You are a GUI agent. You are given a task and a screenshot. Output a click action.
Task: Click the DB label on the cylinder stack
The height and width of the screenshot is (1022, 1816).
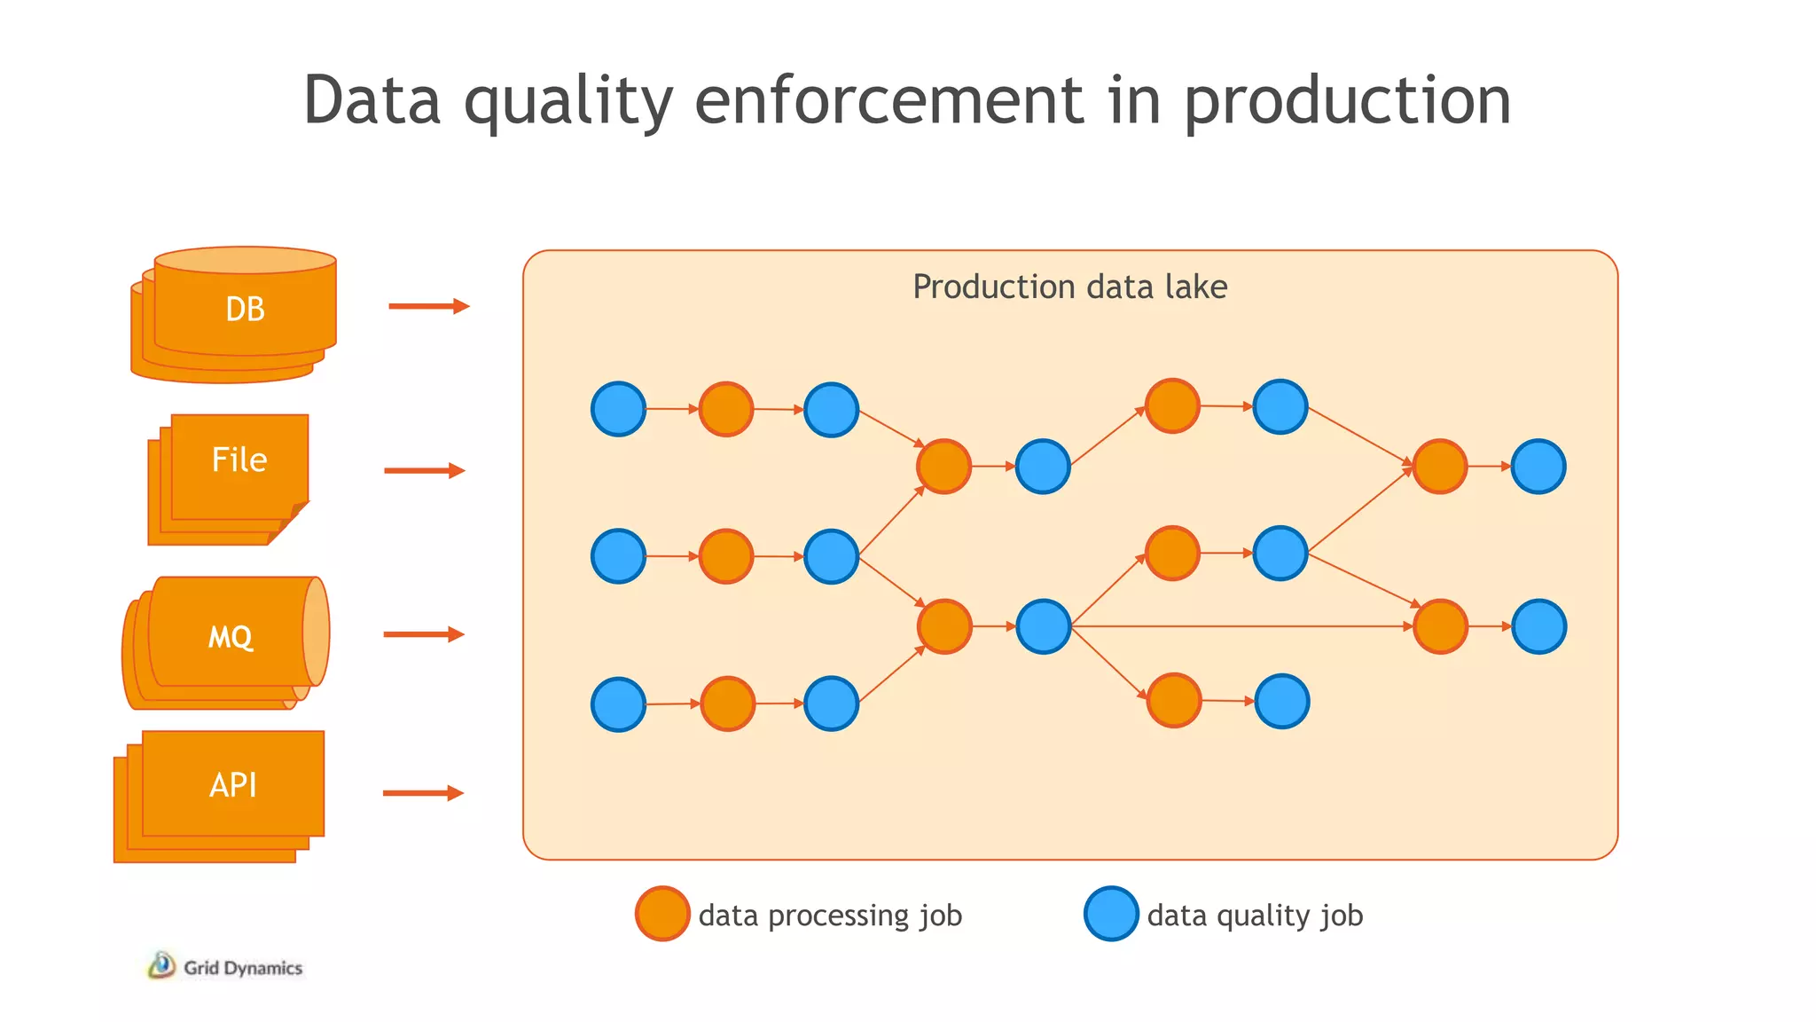click(245, 309)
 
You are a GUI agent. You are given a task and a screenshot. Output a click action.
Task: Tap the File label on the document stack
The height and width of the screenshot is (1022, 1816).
click(239, 460)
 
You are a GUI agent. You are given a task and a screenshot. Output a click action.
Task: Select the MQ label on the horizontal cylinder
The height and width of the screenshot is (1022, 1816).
click(231, 636)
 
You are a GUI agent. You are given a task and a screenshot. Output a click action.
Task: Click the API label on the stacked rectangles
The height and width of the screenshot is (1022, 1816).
click(233, 784)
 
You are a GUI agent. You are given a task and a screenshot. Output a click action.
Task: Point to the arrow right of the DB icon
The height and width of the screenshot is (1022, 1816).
click(428, 306)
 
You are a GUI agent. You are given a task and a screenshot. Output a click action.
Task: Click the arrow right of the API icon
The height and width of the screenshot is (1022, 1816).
click(423, 792)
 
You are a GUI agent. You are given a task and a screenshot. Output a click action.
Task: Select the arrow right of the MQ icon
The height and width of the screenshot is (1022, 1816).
click(423, 633)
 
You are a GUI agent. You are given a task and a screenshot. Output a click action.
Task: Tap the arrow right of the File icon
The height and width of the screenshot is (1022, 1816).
click(424, 470)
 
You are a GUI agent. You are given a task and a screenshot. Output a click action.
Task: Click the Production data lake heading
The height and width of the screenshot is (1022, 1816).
click(1069, 287)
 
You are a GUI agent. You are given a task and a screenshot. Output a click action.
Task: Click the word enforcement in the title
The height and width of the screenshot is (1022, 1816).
click(888, 99)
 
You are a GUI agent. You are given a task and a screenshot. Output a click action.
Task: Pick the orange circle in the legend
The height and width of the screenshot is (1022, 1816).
click(662, 913)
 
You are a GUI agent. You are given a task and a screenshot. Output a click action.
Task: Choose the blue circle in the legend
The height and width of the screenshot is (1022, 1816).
click(1111, 913)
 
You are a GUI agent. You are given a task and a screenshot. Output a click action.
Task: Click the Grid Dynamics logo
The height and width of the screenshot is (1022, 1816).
click(225, 966)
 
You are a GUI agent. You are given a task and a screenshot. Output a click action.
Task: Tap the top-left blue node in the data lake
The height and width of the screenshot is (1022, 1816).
click(618, 409)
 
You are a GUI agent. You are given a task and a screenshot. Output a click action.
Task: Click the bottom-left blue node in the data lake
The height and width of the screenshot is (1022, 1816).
click(618, 704)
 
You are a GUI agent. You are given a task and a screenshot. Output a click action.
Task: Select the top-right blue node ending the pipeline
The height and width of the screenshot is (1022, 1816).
click(1538, 466)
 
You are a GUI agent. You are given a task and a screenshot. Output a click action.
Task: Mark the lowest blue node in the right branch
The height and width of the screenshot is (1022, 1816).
click(1282, 701)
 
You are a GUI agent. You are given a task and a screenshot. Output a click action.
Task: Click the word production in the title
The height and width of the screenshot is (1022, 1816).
click(1347, 99)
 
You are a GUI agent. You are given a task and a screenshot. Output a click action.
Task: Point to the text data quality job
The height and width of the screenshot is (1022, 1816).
click(1255, 915)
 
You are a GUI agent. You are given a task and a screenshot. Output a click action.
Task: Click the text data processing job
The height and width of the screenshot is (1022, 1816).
click(830, 915)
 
